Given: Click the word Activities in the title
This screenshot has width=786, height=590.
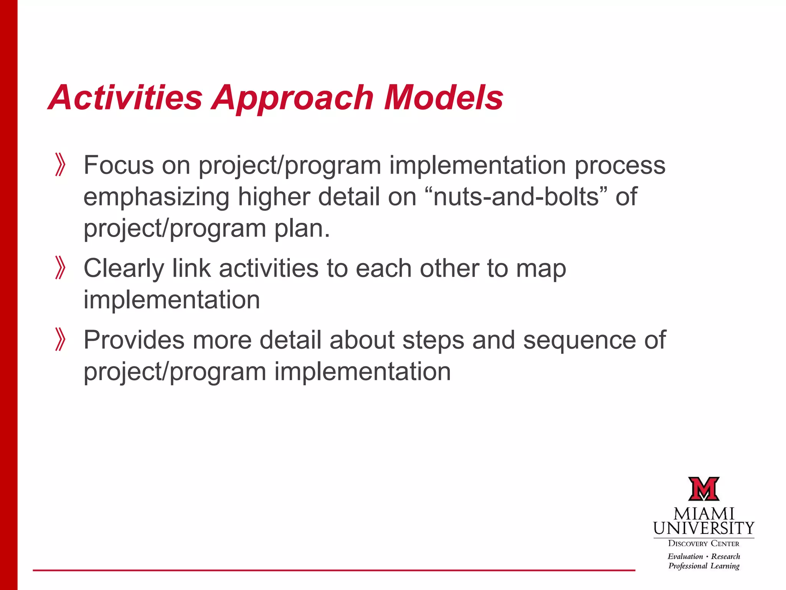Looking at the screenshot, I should click(125, 98).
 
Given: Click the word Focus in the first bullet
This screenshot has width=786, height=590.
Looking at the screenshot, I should click(118, 165).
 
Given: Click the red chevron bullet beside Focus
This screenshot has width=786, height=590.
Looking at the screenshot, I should click(60, 165).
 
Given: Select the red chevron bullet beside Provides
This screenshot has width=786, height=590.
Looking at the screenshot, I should click(60, 339).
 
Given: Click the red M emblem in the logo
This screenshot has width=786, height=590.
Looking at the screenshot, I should click(703, 489).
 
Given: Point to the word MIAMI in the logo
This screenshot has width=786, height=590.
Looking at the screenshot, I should click(703, 514).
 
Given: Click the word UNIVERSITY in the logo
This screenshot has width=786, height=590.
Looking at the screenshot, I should click(703, 529).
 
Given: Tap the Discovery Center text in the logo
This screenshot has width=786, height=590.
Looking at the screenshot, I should click(703, 544).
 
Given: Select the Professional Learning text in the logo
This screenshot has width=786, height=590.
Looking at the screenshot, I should click(703, 566).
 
